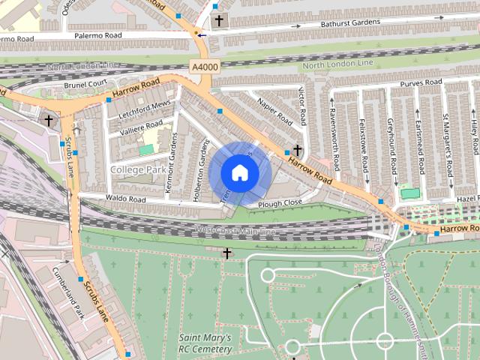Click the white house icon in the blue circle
tap(239, 172)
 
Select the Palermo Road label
tap(98, 35)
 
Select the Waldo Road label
tap(126, 199)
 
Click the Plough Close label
tap(280, 203)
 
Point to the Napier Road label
tap(274, 111)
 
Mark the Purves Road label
tap(421, 82)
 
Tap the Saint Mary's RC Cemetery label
tap(205, 343)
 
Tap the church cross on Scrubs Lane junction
tap(49, 120)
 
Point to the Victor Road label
tap(302, 106)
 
